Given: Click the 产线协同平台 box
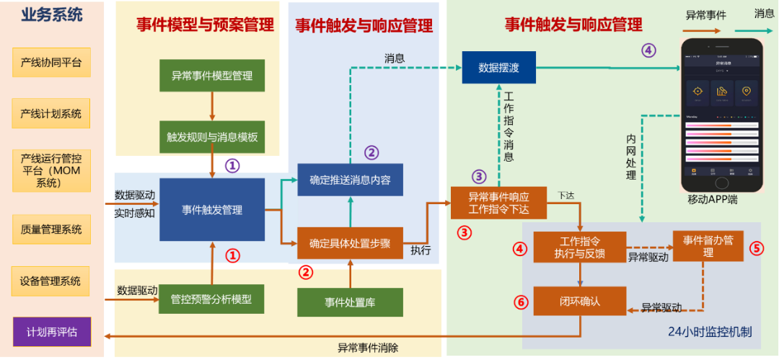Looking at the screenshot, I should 51,63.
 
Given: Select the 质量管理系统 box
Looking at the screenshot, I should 51,230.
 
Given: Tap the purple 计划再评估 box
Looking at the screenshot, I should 51,332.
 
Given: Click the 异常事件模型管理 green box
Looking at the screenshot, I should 211,75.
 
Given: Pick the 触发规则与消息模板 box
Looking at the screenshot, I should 211,136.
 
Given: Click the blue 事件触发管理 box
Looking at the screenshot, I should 212,210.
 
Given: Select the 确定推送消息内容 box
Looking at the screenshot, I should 350,180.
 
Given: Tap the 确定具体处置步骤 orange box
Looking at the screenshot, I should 350,243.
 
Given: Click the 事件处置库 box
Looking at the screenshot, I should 350,302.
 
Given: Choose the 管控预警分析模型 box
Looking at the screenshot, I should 211,299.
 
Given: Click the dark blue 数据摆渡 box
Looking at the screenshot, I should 499,67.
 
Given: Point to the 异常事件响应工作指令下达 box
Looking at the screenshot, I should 499,202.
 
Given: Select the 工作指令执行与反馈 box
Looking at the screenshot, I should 580,246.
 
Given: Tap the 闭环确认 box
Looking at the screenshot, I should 580,301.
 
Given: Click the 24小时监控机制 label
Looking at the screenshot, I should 710,333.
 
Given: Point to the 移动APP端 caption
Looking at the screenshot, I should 713,200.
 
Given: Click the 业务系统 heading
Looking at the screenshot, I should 51,14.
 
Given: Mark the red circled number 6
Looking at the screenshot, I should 521,302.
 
